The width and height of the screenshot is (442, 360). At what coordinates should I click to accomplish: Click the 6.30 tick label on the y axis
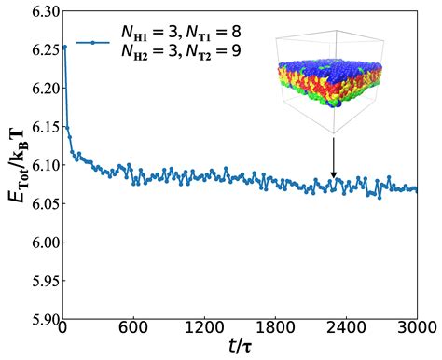point(36,10)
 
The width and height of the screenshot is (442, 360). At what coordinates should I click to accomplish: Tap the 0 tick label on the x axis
point(62,328)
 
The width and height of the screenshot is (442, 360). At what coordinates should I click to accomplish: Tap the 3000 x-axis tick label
point(414,328)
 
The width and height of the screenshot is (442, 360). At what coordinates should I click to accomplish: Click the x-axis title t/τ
point(239,348)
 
